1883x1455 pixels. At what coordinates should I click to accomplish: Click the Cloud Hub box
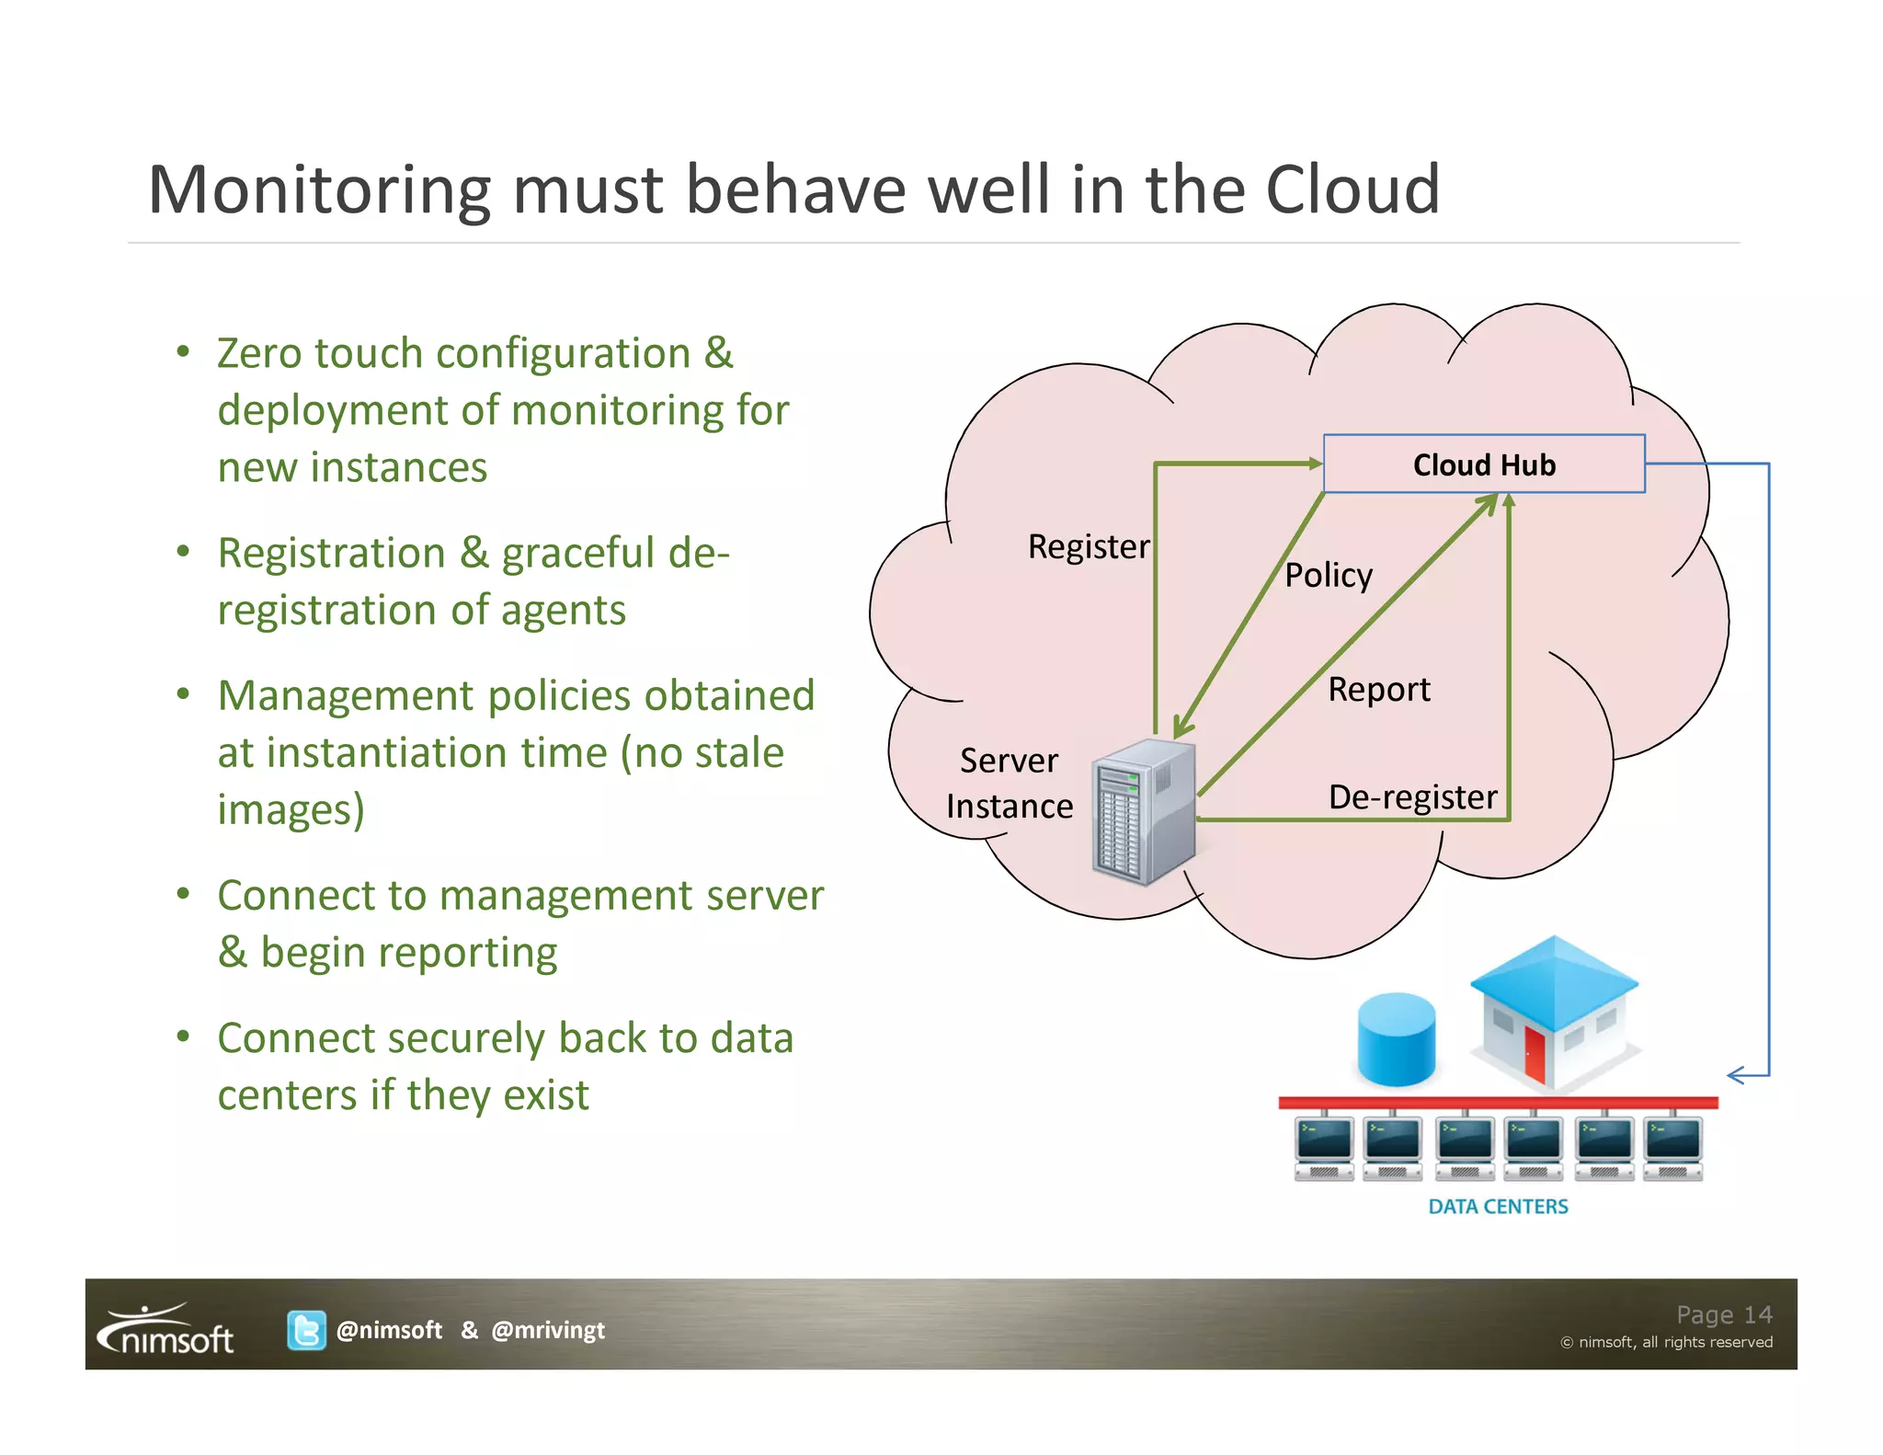(1483, 464)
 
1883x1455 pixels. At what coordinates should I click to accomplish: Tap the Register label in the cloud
(1088, 547)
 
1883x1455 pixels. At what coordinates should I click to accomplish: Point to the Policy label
(1328, 576)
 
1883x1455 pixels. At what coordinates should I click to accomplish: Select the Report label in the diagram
(1378, 690)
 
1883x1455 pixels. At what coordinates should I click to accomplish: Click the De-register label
(1411, 797)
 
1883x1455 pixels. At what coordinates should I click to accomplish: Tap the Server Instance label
(1009, 784)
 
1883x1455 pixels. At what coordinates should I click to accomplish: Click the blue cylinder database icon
(1396, 1039)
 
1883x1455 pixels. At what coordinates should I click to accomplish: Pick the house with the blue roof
(1554, 1012)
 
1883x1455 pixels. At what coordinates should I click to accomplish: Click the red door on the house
(1535, 1054)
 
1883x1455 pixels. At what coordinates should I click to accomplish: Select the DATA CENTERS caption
(1498, 1207)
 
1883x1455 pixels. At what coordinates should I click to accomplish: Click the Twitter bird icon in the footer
(306, 1330)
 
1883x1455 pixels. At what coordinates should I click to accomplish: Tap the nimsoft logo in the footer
(166, 1330)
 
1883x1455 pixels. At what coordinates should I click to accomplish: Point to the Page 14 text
(1723, 1315)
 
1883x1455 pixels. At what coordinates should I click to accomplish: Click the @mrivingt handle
(548, 1330)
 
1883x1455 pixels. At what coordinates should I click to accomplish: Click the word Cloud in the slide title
(1352, 189)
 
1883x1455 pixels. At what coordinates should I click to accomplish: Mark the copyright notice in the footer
(1665, 1343)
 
